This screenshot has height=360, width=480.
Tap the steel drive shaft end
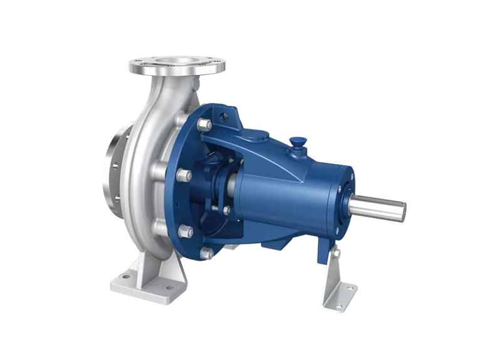[380, 207]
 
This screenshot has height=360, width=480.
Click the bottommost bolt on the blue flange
[206, 253]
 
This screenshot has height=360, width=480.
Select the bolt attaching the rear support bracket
[337, 253]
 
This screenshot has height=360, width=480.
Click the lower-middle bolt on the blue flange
[186, 232]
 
